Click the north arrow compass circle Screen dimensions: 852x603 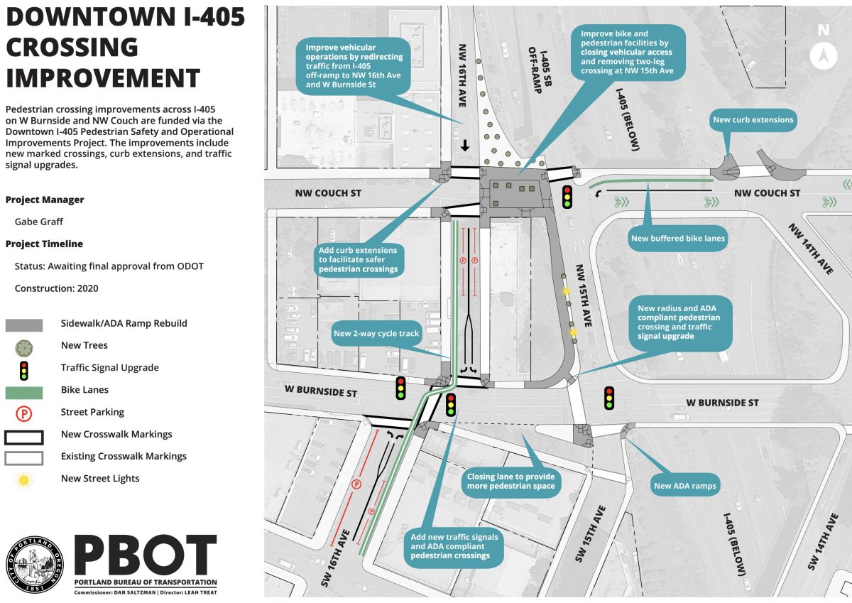824,56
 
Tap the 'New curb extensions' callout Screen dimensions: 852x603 753,120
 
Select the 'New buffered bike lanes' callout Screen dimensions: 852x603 678,239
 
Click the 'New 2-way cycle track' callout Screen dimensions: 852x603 376,334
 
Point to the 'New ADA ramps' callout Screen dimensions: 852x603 685,486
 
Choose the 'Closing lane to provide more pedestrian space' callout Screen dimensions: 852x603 510,482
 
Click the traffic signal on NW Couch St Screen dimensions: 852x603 567,197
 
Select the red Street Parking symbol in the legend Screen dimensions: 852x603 24,413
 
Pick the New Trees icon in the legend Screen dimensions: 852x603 24,348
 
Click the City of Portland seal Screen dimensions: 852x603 35,565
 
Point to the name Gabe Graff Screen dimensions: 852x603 39,222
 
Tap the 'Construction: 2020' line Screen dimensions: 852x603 56,288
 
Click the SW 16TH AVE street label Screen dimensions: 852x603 334,558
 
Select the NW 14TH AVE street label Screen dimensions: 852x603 811,249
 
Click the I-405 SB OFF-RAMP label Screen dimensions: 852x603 540,70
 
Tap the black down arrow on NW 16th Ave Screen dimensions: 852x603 464,146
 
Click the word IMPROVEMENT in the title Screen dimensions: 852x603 103,77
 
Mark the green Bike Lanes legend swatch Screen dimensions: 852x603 24,393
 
